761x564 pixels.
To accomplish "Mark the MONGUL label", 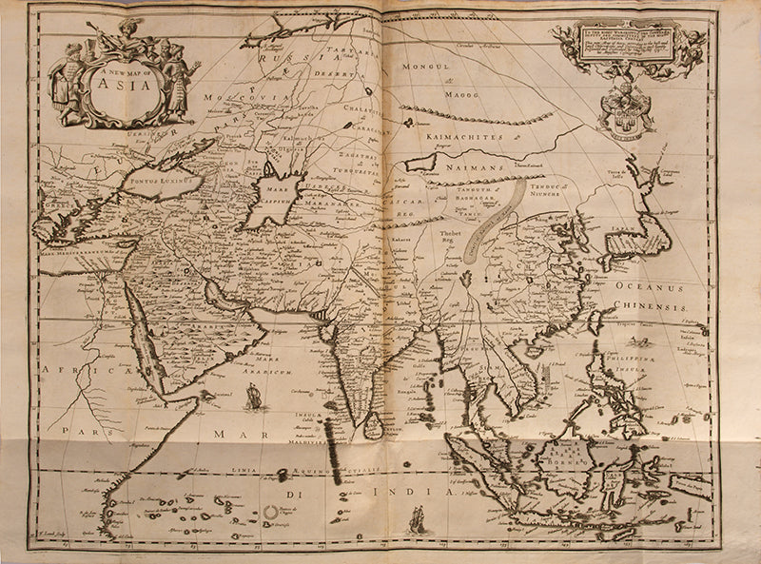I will tap(425, 68).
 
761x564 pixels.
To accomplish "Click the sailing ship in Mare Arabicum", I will tap(253, 395).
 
